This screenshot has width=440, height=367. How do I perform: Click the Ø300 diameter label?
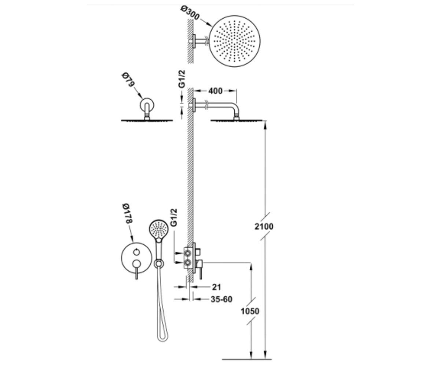(190, 13)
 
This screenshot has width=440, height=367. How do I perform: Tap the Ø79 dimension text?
(128, 80)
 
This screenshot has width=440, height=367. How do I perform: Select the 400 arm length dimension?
(215, 91)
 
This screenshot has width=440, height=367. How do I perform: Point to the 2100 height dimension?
(264, 226)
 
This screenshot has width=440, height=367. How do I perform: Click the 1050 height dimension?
(250, 311)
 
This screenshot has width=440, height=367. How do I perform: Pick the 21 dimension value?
(216, 287)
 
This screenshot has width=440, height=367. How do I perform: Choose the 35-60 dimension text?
(221, 299)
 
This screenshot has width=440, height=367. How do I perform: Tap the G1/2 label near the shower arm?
(181, 79)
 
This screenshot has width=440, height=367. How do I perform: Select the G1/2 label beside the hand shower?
(174, 218)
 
